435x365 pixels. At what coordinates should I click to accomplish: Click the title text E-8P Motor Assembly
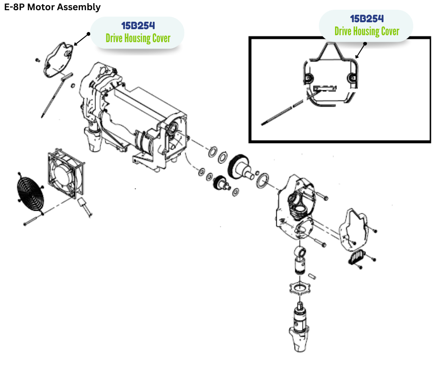pos(52,7)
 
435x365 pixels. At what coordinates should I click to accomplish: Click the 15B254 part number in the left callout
pos(137,25)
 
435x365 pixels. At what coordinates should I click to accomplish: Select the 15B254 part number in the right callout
pos(367,19)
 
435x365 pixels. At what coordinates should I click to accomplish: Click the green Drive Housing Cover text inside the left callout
pos(137,38)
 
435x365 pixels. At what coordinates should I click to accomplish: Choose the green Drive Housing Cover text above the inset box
pos(367,31)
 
